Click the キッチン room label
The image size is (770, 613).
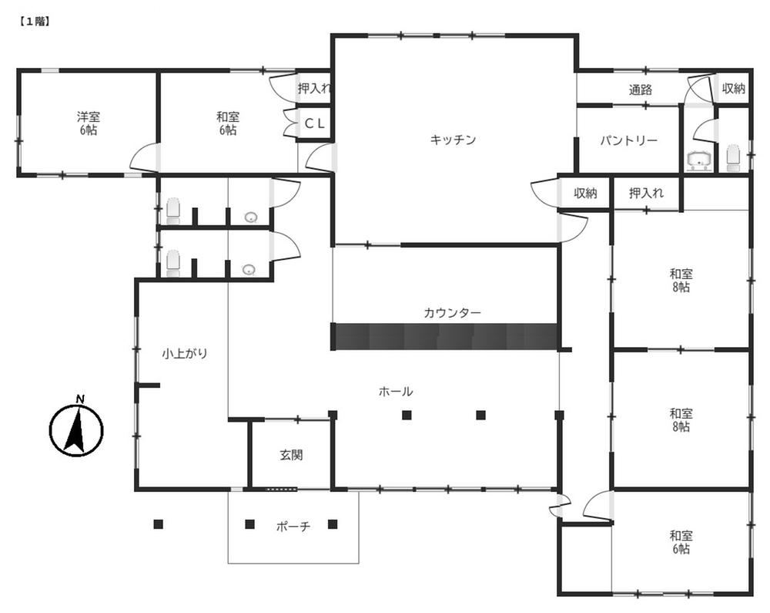[453, 140]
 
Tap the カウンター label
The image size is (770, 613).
[452, 312]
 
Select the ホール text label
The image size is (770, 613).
[395, 391]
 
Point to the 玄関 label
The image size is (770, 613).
[291, 455]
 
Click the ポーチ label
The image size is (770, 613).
[293, 527]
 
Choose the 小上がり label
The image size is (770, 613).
[185, 353]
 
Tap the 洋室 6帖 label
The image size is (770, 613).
[89, 123]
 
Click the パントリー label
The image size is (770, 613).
[628, 141]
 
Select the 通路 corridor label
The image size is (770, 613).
[641, 90]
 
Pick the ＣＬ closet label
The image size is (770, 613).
[315, 123]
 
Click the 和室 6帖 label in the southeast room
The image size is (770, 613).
[681, 542]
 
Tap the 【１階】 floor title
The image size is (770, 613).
[35, 22]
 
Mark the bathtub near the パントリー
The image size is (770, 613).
[700, 160]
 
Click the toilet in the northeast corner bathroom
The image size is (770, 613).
[733, 158]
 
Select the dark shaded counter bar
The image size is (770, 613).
[445, 337]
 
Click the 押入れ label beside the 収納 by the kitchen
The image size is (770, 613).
[646, 194]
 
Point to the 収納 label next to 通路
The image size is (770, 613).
[734, 89]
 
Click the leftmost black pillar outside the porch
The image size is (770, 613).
[158, 524]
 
